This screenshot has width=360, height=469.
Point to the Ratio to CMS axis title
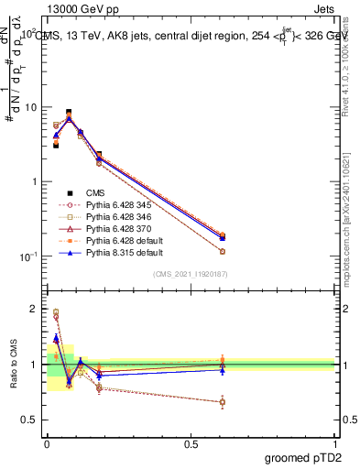pyautogui.click(x=12, y=365)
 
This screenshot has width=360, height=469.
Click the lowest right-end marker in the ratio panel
pyautogui.click(x=223, y=402)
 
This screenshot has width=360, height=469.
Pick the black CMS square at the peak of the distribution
pyautogui.click(x=69, y=113)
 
